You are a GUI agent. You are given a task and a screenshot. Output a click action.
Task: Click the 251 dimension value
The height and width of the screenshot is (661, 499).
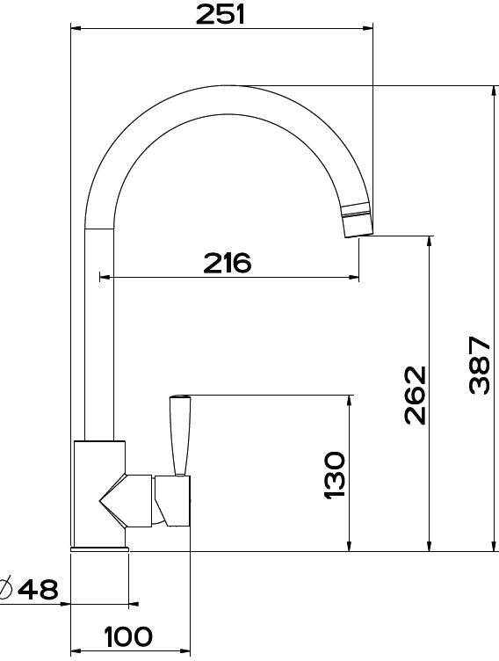click(220, 14)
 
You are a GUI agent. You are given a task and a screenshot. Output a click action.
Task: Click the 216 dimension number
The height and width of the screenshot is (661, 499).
click(227, 262)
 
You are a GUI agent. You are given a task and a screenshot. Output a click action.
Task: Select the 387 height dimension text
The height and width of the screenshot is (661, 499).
click(479, 364)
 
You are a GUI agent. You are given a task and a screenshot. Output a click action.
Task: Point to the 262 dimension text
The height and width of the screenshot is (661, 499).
click(415, 395)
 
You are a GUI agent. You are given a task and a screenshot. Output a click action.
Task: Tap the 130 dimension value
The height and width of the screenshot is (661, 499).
click(335, 475)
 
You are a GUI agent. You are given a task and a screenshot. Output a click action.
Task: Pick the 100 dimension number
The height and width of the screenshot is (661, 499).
click(129, 636)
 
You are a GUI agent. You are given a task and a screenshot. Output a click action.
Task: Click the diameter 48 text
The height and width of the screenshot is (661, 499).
click(38, 589)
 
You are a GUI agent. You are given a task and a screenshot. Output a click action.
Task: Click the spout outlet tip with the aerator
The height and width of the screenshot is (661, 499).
click(356, 220)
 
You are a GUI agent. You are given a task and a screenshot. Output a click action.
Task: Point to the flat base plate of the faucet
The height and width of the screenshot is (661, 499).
click(100, 548)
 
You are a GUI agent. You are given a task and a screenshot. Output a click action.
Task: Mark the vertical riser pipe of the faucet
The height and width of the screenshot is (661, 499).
click(99, 334)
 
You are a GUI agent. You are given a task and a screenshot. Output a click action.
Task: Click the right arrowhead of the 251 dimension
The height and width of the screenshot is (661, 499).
click(368, 28)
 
